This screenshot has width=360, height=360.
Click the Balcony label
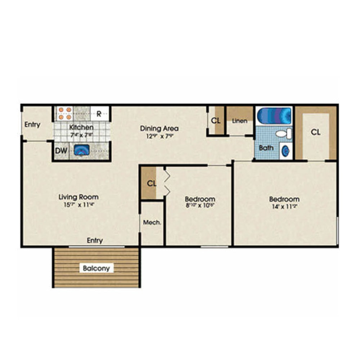96,268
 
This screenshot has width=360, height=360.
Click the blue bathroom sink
285,150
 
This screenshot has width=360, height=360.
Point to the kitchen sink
81,150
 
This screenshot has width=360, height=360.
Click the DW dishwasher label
61,151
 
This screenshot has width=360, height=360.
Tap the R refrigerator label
99,114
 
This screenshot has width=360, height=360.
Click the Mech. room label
152,222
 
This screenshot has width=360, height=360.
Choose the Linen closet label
239,121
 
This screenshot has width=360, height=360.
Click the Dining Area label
159,128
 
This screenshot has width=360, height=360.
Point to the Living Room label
78,197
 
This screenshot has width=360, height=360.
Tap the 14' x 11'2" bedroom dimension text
284,207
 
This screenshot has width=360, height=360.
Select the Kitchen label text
81,127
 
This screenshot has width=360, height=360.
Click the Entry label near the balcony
95,240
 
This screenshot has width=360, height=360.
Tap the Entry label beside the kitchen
32,125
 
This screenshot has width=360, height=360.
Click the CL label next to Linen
216,121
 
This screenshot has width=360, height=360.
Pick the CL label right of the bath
316,132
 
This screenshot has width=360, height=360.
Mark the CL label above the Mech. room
152,183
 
